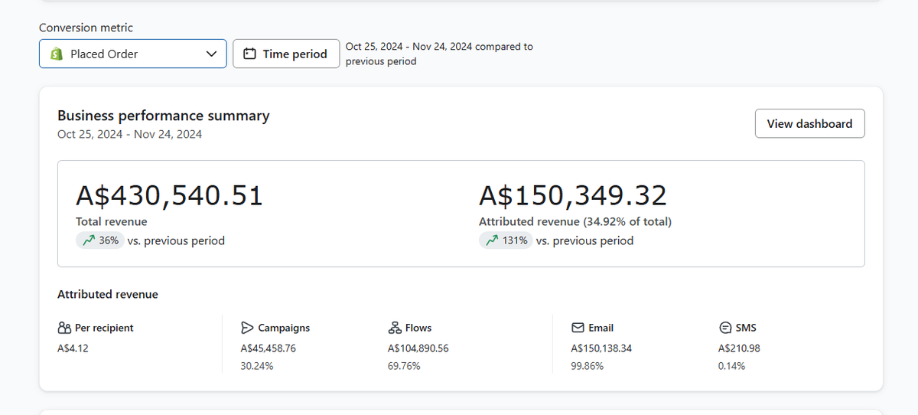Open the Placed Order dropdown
pyautogui.click(x=133, y=54)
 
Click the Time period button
pyautogui.click(x=286, y=54)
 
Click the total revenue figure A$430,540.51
pyautogui.click(x=169, y=195)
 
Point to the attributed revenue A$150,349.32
pyautogui.click(x=573, y=195)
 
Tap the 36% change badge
pyautogui.click(x=100, y=240)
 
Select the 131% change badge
pyautogui.click(x=506, y=240)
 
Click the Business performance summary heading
pyautogui.click(x=164, y=116)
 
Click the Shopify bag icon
pyautogui.click(x=57, y=54)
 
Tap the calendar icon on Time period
pyautogui.click(x=249, y=54)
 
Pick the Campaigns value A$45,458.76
pyautogui.click(x=268, y=348)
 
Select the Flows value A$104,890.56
pyautogui.click(x=418, y=348)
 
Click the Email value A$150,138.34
pyautogui.click(x=601, y=348)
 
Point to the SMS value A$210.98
pyautogui.click(x=739, y=348)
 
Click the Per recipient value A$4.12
pyautogui.click(x=73, y=348)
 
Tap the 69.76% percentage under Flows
pyautogui.click(x=404, y=366)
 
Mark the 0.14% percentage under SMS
pyautogui.click(x=731, y=366)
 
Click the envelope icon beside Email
pyautogui.click(x=578, y=328)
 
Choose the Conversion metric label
pyautogui.click(x=86, y=28)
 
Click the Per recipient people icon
pyautogui.click(x=64, y=328)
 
